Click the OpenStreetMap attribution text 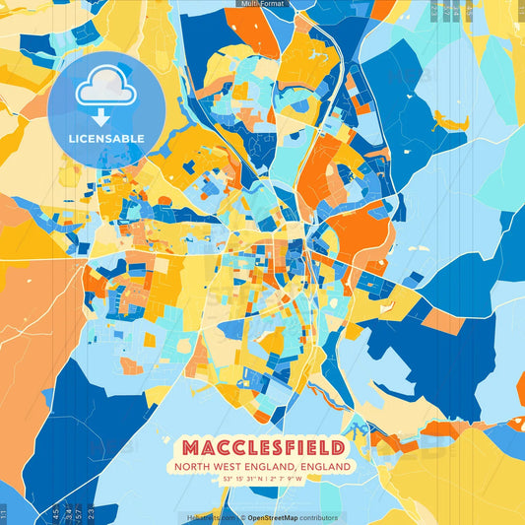pos(277,517)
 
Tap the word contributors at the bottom pos(321,517)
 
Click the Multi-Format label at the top pos(262,4)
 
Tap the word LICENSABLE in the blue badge pos(105,139)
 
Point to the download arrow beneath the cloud pos(105,107)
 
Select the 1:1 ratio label pos(4,514)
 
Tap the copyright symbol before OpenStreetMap pos(242,517)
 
